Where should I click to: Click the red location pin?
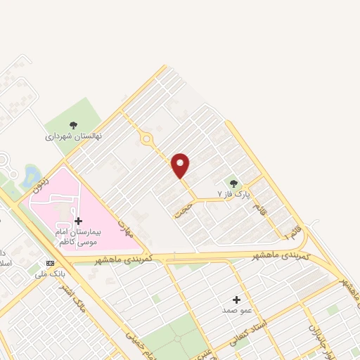pyautogui.click(x=181, y=165)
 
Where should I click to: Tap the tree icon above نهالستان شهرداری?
pyautogui.click(x=74, y=125)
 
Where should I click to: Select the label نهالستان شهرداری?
pyautogui.click(x=74, y=136)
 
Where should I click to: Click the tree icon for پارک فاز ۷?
pyautogui.click(x=233, y=183)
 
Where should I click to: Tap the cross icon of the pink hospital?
pyautogui.click(x=78, y=221)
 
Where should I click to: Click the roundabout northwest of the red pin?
pyautogui.click(x=146, y=139)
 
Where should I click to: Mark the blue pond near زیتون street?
pyautogui.click(x=32, y=174)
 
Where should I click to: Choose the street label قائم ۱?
pyautogui.click(x=291, y=228)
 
